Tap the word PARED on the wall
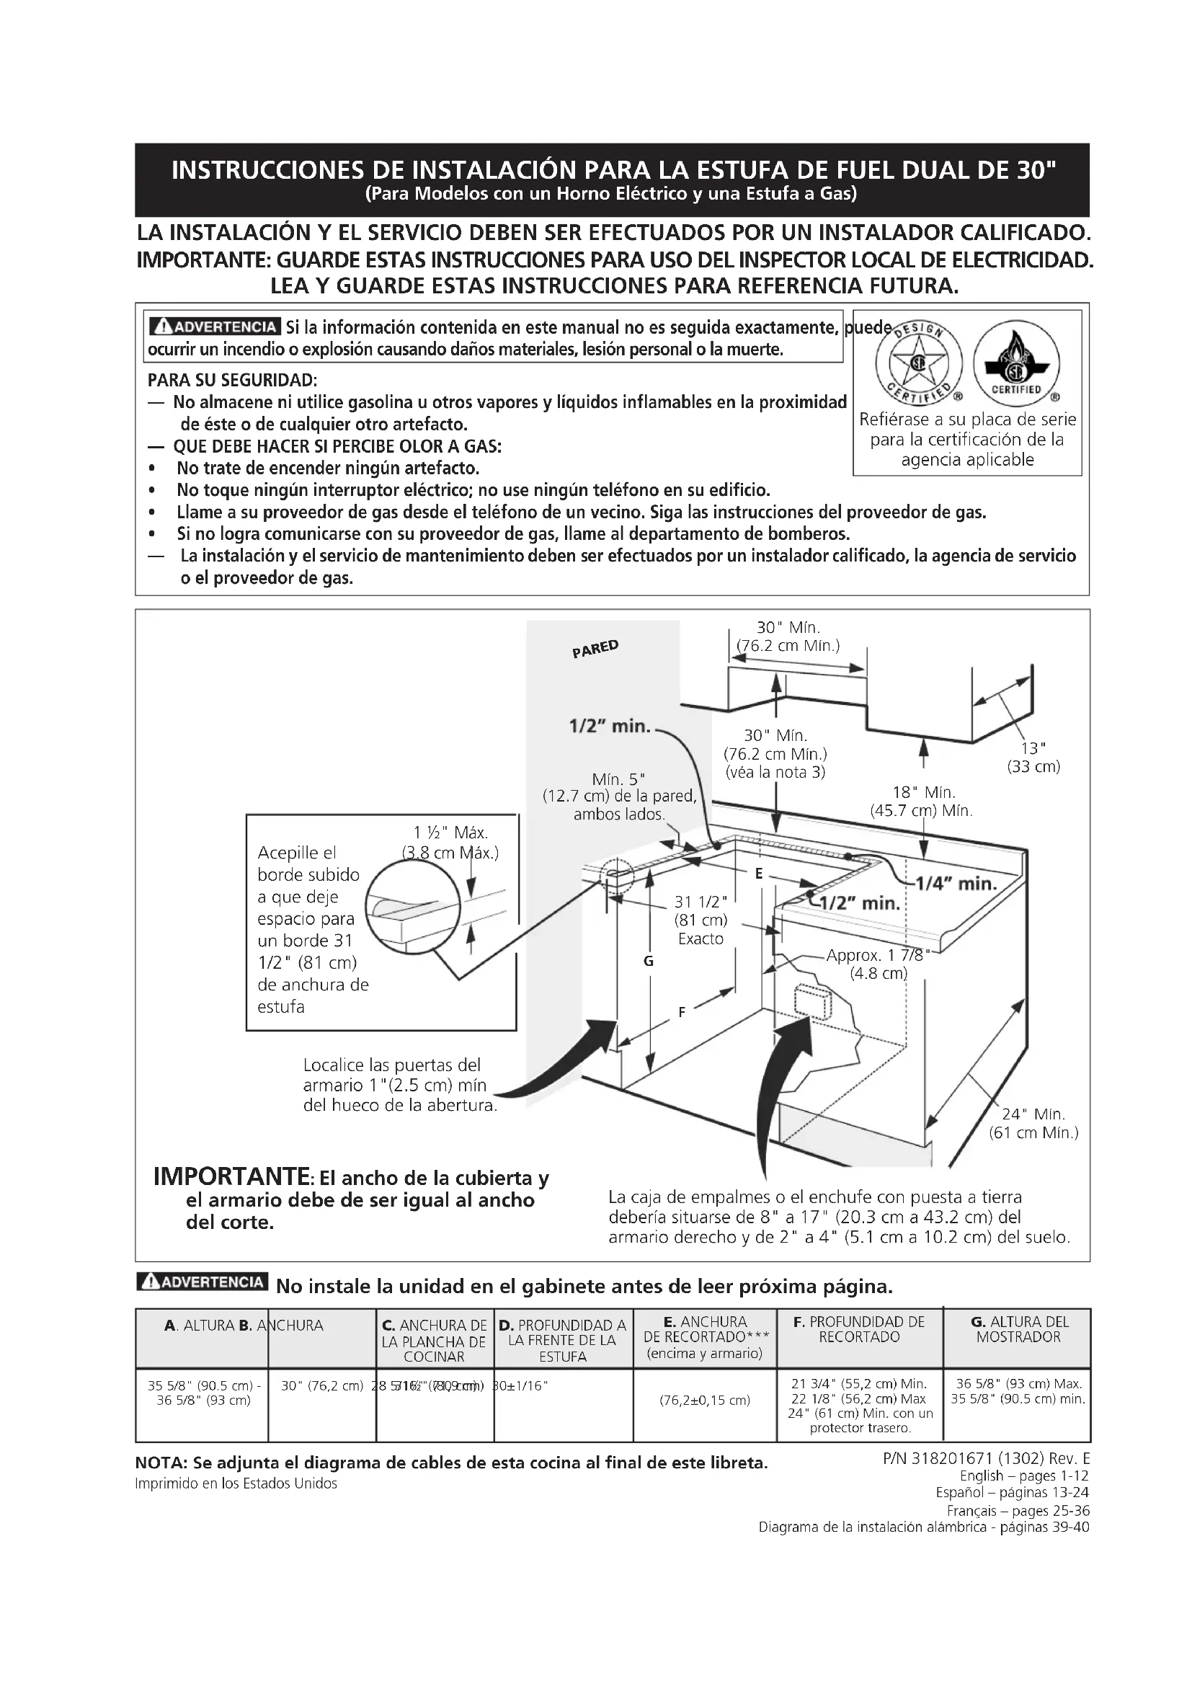click(595, 649)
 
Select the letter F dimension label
click(682, 1012)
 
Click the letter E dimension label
click(759, 873)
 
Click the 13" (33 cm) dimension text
click(1033, 757)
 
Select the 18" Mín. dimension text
click(923, 801)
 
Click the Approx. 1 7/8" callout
click(878, 964)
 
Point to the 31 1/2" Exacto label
click(701, 920)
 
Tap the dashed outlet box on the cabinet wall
click(812, 999)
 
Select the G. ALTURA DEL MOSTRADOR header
click(1018, 1329)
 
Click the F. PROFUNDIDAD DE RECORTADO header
click(860, 1329)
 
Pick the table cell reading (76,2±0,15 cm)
click(705, 1401)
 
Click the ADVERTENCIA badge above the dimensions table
click(203, 1282)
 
